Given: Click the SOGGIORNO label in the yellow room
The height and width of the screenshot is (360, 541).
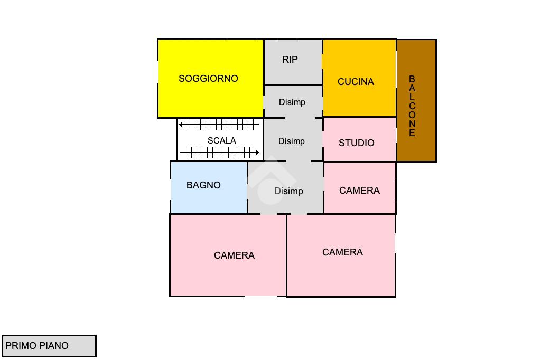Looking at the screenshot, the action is click(208, 79).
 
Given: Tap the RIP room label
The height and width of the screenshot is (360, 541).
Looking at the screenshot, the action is click(290, 60).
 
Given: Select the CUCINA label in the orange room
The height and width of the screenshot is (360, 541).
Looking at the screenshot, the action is click(356, 82).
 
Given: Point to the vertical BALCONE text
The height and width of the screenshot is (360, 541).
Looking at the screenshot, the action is click(412, 106).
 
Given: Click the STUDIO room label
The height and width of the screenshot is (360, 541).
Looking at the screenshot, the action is click(356, 143).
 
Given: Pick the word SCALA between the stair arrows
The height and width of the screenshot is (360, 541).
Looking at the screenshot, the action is click(221, 141).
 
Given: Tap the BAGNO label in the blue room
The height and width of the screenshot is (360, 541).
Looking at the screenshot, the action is click(203, 185).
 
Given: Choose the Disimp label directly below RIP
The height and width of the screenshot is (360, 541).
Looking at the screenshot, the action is click(292, 102).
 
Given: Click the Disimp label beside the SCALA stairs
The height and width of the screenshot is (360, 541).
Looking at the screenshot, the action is click(291, 141).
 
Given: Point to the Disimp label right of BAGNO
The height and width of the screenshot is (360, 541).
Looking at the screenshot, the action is click(288, 191).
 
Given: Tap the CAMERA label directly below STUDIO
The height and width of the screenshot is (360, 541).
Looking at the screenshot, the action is click(359, 191).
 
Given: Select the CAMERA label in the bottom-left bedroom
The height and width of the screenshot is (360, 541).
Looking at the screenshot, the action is click(234, 255).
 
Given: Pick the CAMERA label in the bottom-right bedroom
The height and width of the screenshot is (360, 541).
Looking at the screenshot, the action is click(342, 252).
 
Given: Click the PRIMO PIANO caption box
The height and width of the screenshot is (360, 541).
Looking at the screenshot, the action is click(49, 346).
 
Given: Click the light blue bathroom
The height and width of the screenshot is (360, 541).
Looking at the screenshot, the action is click(209, 201).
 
